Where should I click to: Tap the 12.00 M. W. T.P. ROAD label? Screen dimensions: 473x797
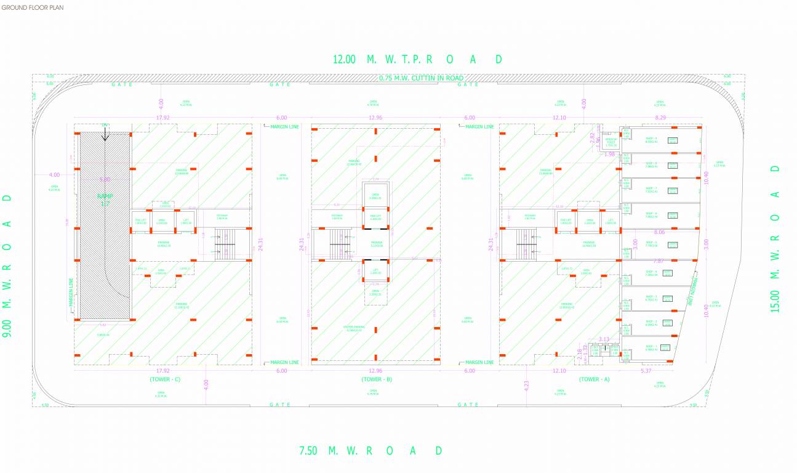417,59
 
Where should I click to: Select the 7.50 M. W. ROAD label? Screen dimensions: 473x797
370,450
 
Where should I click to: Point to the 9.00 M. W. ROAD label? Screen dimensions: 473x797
7,265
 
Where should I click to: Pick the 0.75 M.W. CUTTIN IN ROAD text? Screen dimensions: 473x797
422,78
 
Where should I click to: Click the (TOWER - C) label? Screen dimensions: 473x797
164,379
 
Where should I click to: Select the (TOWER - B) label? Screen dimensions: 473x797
377,379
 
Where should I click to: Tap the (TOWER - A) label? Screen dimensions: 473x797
594,379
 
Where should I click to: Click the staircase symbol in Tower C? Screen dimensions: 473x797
225,244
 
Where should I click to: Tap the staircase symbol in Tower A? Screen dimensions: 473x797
527,244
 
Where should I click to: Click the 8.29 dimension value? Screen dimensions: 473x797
660,118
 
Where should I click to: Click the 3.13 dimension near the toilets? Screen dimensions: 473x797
603,339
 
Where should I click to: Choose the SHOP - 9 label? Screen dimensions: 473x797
651,139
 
